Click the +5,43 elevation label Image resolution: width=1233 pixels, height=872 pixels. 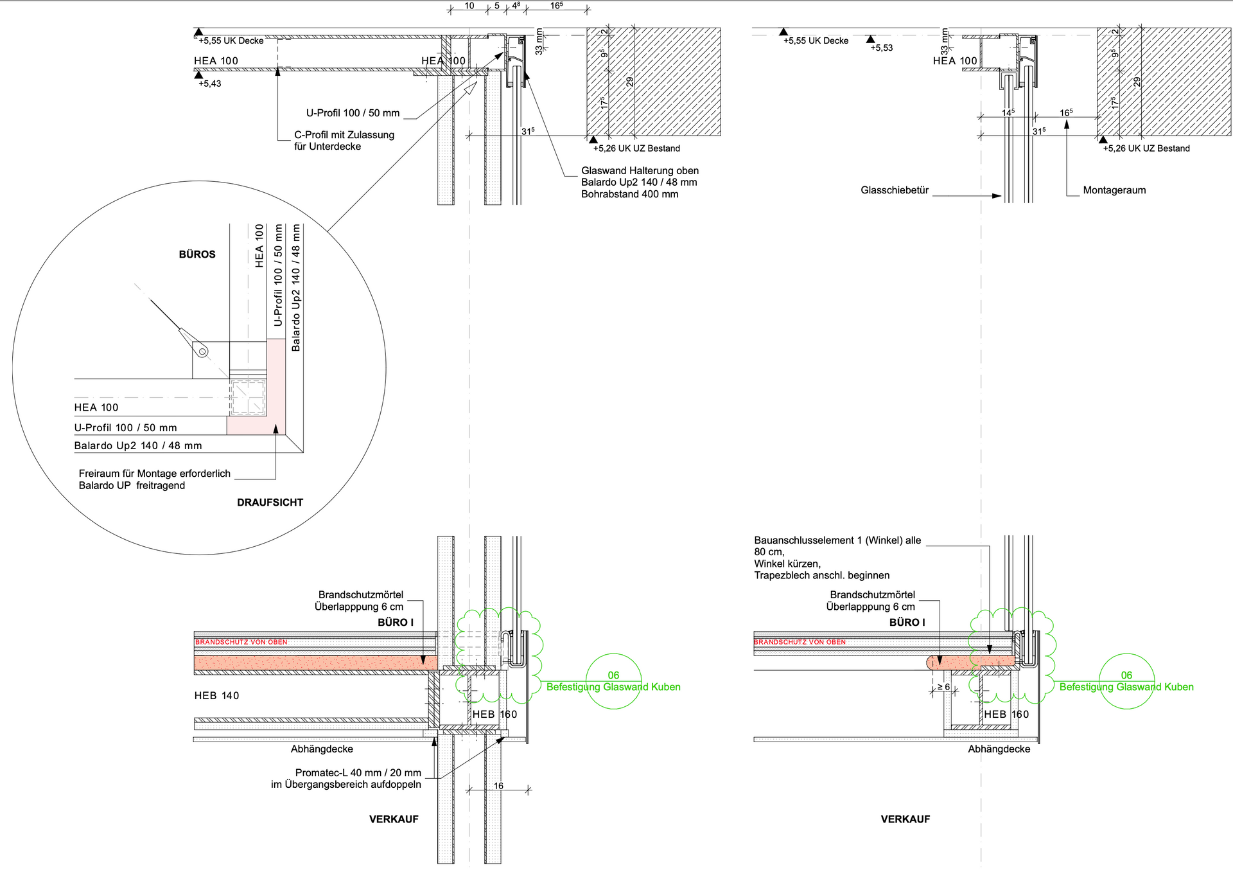209,84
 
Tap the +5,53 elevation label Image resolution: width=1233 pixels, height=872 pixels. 881,48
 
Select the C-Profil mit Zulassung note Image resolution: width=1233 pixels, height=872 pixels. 344,141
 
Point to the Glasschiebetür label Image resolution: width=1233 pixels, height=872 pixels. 895,190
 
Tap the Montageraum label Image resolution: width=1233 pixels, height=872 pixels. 1114,190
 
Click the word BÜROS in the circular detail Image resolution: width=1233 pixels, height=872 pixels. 197,254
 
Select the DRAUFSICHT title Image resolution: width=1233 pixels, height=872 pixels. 270,503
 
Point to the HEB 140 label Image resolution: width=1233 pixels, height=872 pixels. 216,695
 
